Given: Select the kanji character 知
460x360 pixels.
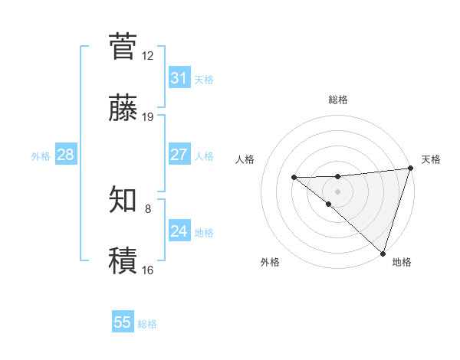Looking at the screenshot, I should [x=123, y=200].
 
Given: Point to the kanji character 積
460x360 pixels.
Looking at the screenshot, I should [x=123, y=260].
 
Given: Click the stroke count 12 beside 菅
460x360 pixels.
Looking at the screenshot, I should [x=148, y=55].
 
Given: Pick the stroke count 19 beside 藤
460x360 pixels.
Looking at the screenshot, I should [x=148, y=116].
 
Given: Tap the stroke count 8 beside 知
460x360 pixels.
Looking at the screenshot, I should [x=148, y=208].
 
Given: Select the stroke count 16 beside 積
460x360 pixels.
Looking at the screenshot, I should [x=148, y=270].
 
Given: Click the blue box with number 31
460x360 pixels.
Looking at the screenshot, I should [x=179, y=78].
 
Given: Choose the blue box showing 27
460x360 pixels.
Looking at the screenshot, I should [x=179, y=155].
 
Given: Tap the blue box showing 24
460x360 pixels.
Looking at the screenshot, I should [x=179, y=231].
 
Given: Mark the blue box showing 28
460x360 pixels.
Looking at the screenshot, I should [x=66, y=155].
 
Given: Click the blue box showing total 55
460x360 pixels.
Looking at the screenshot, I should [x=123, y=322].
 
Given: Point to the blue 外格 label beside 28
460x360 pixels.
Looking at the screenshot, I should [x=41, y=155].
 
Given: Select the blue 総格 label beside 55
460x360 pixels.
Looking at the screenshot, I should [x=147, y=324].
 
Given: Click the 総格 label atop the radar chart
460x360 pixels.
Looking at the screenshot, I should [x=338, y=100].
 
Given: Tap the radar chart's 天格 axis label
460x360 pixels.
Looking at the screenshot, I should [x=431, y=159].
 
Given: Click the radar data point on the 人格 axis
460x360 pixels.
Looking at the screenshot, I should [x=294, y=178].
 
